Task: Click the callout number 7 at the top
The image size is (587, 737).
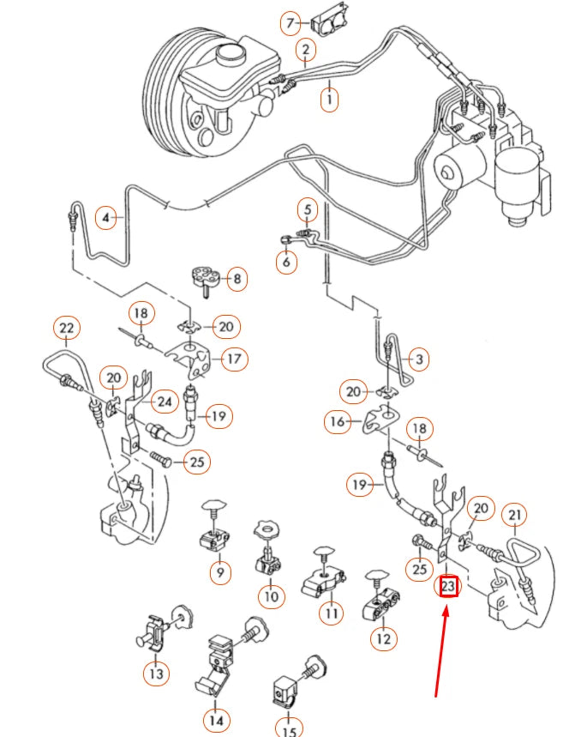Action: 292,21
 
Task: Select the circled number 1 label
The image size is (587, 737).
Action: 328,100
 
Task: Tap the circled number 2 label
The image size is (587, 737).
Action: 304,51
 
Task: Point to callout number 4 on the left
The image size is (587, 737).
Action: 106,218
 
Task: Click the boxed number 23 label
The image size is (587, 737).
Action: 448,587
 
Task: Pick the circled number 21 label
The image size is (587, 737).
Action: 514,515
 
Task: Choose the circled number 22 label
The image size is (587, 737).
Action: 66,328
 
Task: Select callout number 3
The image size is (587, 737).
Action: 418,357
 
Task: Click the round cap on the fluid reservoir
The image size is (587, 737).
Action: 231,54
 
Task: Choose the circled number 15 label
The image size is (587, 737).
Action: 290,730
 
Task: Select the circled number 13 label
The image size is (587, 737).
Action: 157,674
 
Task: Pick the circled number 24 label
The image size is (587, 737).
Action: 165,401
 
